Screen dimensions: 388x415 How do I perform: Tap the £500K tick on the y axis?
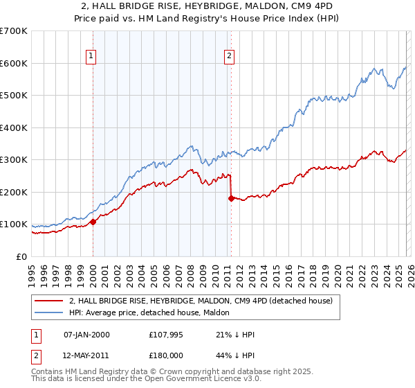point(14,95)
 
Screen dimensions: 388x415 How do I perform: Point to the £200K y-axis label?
point(14,192)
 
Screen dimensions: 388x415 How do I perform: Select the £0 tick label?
point(21,256)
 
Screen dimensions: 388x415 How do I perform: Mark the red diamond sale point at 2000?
point(93,222)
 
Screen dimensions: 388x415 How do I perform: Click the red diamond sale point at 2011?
point(231,198)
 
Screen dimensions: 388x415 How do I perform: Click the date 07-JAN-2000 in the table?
point(86,335)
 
